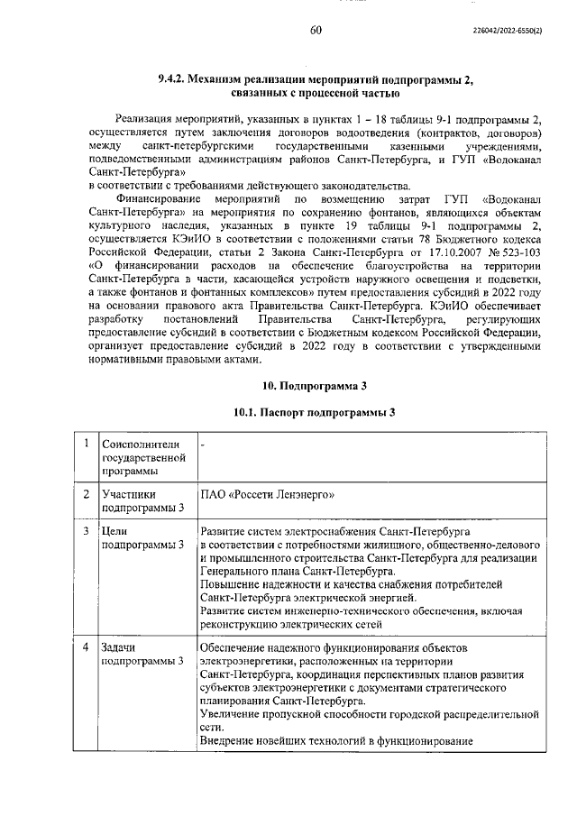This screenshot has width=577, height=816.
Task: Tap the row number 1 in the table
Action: point(83,443)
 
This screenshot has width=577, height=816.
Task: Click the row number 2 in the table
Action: point(83,494)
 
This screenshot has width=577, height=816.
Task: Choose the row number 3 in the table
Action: point(83,532)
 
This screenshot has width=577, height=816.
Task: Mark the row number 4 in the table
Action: point(83,647)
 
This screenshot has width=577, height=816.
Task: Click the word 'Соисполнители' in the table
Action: point(141,444)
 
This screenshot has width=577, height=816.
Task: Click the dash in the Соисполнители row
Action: point(203,444)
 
